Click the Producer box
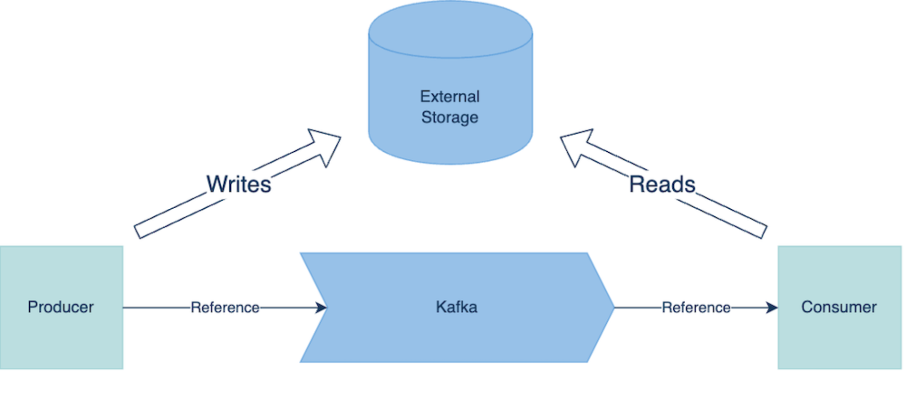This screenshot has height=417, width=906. (61, 330)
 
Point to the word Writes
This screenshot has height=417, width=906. (239, 184)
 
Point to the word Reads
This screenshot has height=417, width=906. (662, 184)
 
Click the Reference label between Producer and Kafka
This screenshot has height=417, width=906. (225, 308)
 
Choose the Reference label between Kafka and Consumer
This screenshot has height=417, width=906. (696, 308)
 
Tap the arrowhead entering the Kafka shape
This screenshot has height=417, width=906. (321, 308)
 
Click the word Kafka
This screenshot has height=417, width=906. (456, 307)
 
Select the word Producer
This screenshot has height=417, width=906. (61, 307)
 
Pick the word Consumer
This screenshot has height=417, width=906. (839, 307)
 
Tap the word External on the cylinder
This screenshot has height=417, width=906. (450, 97)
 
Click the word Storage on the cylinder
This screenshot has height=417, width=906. (450, 117)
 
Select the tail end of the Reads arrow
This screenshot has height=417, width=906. (763, 231)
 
